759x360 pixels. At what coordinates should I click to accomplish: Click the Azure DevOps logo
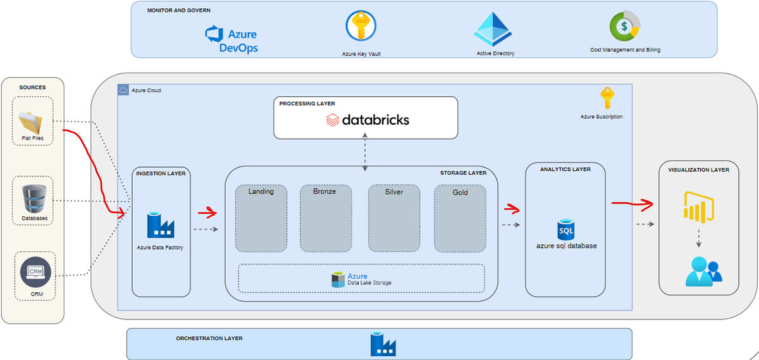(231, 39)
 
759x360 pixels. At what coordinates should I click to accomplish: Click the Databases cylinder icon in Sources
(32, 199)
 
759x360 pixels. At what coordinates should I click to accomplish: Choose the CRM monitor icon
(32, 271)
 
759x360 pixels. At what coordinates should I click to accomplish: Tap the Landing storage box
(261, 218)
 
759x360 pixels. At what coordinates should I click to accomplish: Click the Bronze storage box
(326, 218)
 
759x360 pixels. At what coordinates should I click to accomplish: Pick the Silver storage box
(395, 218)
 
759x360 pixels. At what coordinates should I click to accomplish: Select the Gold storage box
(460, 218)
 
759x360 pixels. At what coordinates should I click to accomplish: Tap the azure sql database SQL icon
(565, 229)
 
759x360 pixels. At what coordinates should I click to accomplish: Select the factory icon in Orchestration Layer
(383, 344)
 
